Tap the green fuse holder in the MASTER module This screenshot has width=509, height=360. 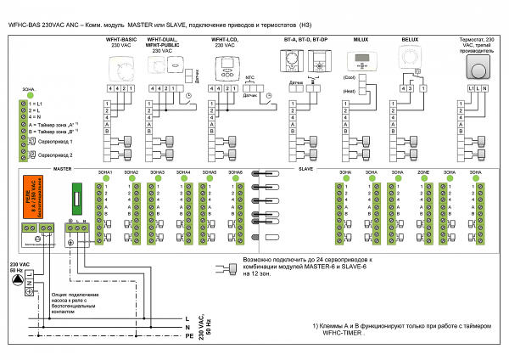(76, 200)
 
